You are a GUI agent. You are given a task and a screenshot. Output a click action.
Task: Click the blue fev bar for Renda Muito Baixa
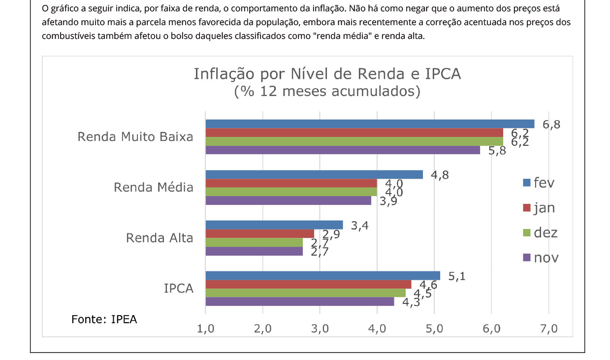point(369,124)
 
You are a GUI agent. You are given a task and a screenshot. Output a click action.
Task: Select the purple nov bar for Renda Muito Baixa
point(342,150)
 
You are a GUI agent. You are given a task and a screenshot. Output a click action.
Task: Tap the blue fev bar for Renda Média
point(314,174)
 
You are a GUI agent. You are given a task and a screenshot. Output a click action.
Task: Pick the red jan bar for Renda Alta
point(259,233)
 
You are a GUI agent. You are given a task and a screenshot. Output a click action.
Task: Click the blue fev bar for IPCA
point(322,275)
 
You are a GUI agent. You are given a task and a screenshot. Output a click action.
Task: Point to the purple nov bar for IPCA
point(299,302)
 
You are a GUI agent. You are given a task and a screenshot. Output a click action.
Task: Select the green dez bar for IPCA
point(305,293)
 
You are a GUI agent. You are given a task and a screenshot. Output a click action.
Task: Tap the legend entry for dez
point(540,232)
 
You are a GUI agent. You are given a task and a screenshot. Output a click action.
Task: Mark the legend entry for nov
point(541,258)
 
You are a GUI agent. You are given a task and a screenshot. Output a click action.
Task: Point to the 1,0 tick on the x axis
point(205,329)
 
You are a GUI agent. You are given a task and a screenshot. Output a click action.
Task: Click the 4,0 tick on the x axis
point(377,329)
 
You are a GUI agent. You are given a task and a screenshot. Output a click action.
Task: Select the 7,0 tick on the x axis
point(548,329)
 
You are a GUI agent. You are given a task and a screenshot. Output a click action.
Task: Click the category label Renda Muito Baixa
point(135,137)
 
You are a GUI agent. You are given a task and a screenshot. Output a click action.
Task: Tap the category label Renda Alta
point(160,238)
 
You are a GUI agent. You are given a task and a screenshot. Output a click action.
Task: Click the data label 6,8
point(551,124)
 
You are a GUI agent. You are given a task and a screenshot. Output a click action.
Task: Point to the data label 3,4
point(360,226)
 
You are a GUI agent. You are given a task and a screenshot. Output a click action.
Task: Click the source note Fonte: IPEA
point(104,319)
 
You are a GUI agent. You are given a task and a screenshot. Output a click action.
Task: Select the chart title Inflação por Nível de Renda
point(327,74)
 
